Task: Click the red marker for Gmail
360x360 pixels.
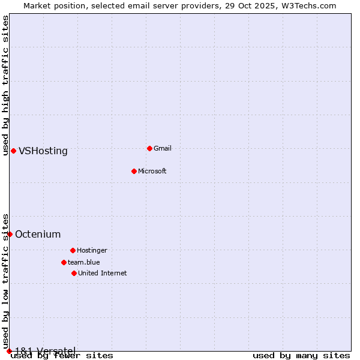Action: pyautogui.click(x=149, y=148)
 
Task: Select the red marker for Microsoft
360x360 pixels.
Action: pyautogui.click(x=134, y=171)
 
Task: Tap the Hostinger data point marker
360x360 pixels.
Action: pyautogui.click(x=73, y=250)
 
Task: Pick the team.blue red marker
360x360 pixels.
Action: pyautogui.click(x=64, y=262)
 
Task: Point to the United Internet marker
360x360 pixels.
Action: pyautogui.click(x=74, y=273)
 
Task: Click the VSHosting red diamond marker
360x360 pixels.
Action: pyautogui.click(x=13, y=151)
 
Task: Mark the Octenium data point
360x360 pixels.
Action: pyautogui.click(x=10, y=234)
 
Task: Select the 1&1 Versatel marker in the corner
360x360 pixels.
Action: pyautogui.click(x=9, y=351)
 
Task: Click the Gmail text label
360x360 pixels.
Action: pyautogui.click(x=163, y=148)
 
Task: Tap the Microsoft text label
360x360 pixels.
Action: pyautogui.click(x=152, y=171)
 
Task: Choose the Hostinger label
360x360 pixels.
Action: pyautogui.click(x=92, y=250)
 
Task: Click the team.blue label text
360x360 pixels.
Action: pyautogui.click(x=84, y=262)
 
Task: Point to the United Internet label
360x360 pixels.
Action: pyautogui.click(x=103, y=273)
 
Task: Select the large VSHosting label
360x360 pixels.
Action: pyautogui.click(x=43, y=151)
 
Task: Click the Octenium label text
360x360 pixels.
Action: pyautogui.click(x=38, y=234)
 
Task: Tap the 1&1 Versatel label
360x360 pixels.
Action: pyautogui.click(x=45, y=350)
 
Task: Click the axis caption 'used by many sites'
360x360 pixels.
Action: pyautogui.click(x=301, y=355)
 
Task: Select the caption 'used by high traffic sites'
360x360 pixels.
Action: pyautogui.click(x=5, y=85)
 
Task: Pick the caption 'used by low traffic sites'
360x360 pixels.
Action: pyautogui.click(x=5, y=282)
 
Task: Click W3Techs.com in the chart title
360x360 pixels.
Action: pyautogui.click(x=311, y=5)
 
